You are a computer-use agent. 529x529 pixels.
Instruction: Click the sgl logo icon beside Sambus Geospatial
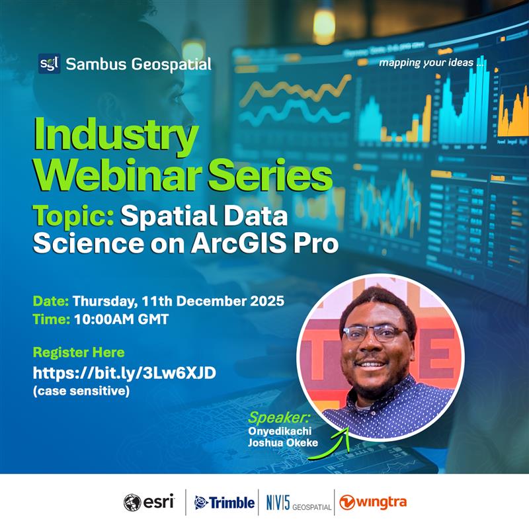pyautogui.click(x=49, y=63)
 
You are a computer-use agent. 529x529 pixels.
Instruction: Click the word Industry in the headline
pyautogui.click(x=116, y=136)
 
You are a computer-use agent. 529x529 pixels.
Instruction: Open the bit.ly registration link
pyautogui.click(x=125, y=374)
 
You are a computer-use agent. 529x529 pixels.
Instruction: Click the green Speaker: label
pyautogui.click(x=277, y=418)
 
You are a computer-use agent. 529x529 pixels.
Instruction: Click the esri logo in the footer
pyautogui.click(x=149, y=503)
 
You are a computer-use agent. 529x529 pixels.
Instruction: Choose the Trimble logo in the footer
pyautogui.click(x=224, y=503)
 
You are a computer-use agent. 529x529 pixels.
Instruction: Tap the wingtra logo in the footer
pyautogui.click(x=374, y=503)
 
